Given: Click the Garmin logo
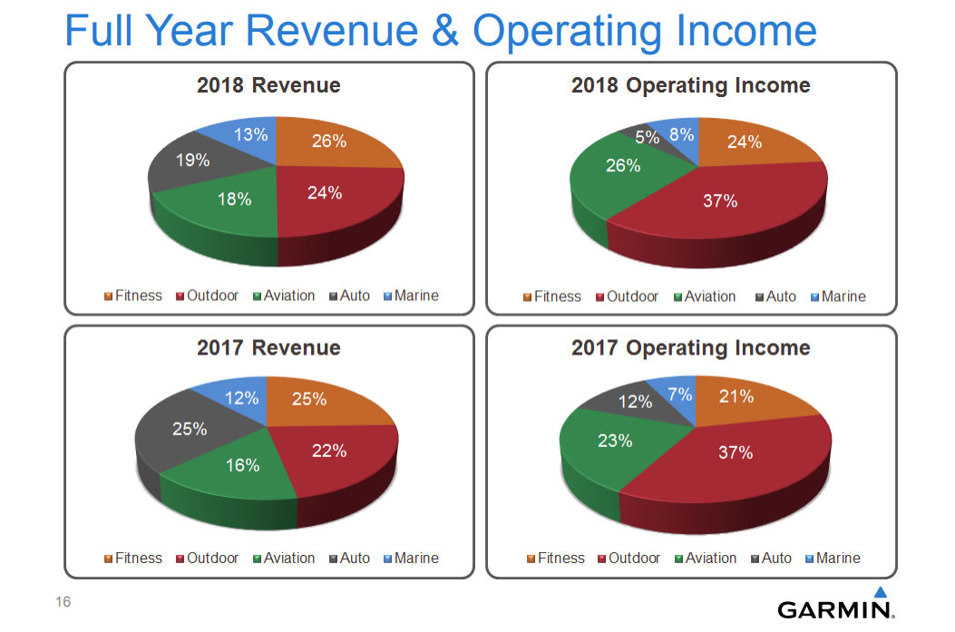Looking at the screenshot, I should [x=835, y=607].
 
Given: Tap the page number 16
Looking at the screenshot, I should [x=63, y=602].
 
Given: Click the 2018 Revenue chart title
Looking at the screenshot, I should [x=268, y=85].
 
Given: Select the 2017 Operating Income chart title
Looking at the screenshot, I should [x=690, y=347].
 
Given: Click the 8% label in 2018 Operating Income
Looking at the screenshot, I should [x=681, y=135].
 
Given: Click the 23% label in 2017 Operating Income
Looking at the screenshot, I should [x=615, y=441].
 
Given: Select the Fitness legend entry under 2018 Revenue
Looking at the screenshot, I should [x=132, y=296].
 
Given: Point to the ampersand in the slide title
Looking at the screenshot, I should [x=446, y=31].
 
